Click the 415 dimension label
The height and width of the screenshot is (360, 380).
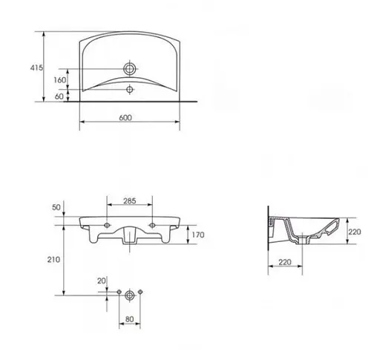pos(36,68)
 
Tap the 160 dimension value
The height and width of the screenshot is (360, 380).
pos(60,80)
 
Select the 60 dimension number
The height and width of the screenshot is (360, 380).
pos(59,96)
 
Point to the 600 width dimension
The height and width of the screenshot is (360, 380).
pos(125,118)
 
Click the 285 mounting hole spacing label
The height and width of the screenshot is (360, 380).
pos(130,200)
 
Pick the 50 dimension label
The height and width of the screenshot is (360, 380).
pos(56,207)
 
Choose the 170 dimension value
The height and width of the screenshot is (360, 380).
pos(198,235)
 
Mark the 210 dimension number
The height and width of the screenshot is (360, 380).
pos(53,260)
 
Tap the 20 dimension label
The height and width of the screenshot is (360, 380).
pos(101,281)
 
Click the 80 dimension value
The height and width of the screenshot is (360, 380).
pos(129,319)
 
